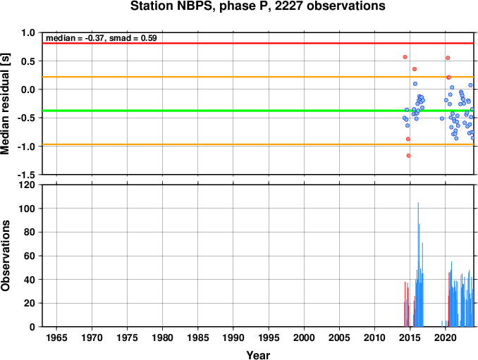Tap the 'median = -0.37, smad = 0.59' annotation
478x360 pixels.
(102, 38)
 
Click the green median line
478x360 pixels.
(258, 111)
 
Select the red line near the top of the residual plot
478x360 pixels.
(258, 43)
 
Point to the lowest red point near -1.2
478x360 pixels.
(408, 156)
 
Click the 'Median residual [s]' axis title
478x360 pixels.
(5, 104)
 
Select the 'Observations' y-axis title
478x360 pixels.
(5, 256)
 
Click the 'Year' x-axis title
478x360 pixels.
(258, 355)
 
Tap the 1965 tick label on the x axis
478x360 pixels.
(56, 337)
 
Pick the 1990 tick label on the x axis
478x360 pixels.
(233, 337)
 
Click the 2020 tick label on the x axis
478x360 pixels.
(445, 337)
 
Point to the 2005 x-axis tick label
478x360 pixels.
(339, 337)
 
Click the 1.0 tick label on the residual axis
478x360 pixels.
(28, 32)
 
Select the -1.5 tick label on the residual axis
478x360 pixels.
(26, 175)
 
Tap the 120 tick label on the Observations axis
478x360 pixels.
(27, 185)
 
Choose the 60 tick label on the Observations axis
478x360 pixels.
(30, 256)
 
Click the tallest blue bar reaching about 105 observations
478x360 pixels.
(418, 264)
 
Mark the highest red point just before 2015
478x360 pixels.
(405, 57)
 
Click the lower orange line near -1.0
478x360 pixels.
(258, 144)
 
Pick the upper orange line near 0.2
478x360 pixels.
(258, 77)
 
